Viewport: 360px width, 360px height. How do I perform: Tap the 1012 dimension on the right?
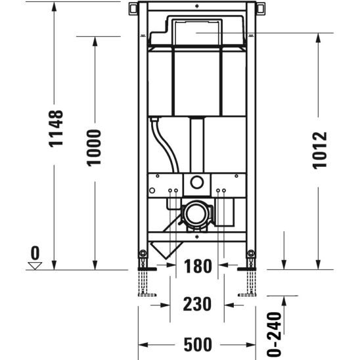pyautogui.click(x=319, y=150)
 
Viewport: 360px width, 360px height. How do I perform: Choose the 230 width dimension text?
pyautogui.click(x=197, y=304)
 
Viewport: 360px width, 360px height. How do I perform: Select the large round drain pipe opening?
pyautogui.click(x=195, y=214)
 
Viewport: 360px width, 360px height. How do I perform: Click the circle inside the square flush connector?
pyautogui.click(x=196, y=182)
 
